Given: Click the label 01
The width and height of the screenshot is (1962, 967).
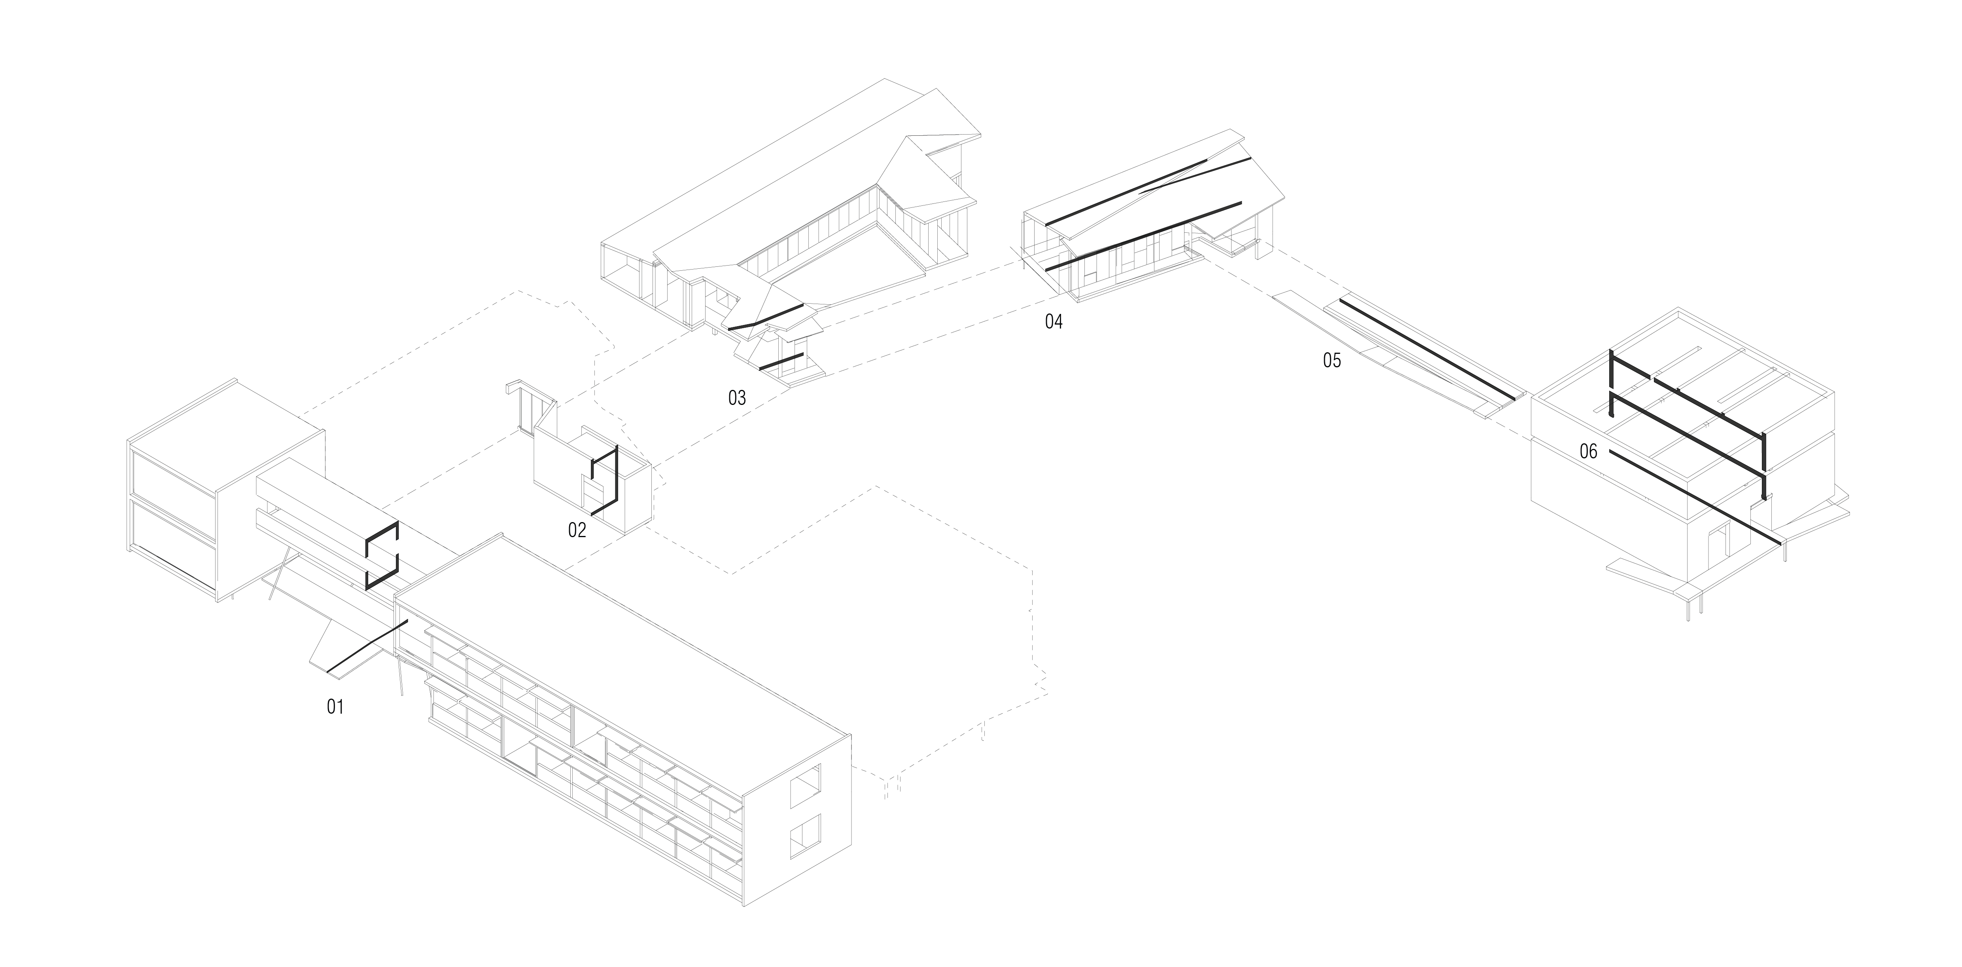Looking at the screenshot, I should pyautogui.click(x=335, y=707).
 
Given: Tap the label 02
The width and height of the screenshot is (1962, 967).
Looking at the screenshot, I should pyautogui.click(x=577, y=530).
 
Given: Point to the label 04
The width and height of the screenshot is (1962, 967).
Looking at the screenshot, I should pyautogui.click(x=1053, y=321).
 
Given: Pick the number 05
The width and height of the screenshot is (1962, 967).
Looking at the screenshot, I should pyautogui.click(x=1331, y=361).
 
